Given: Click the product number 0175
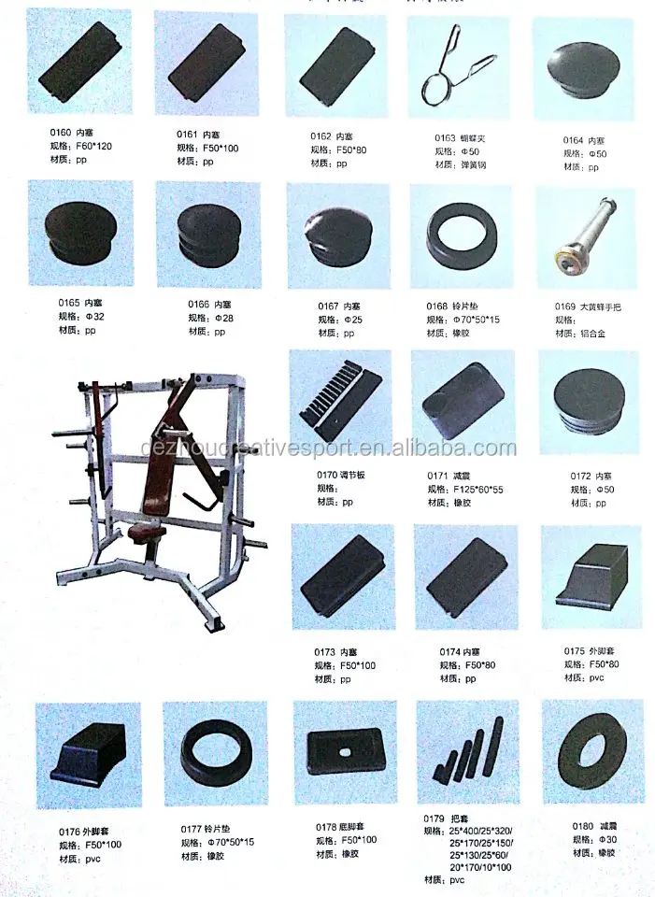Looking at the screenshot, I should point(576,651).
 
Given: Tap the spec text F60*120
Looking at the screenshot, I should point(93,147).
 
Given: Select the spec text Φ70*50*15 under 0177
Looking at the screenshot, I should point(228,842).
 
